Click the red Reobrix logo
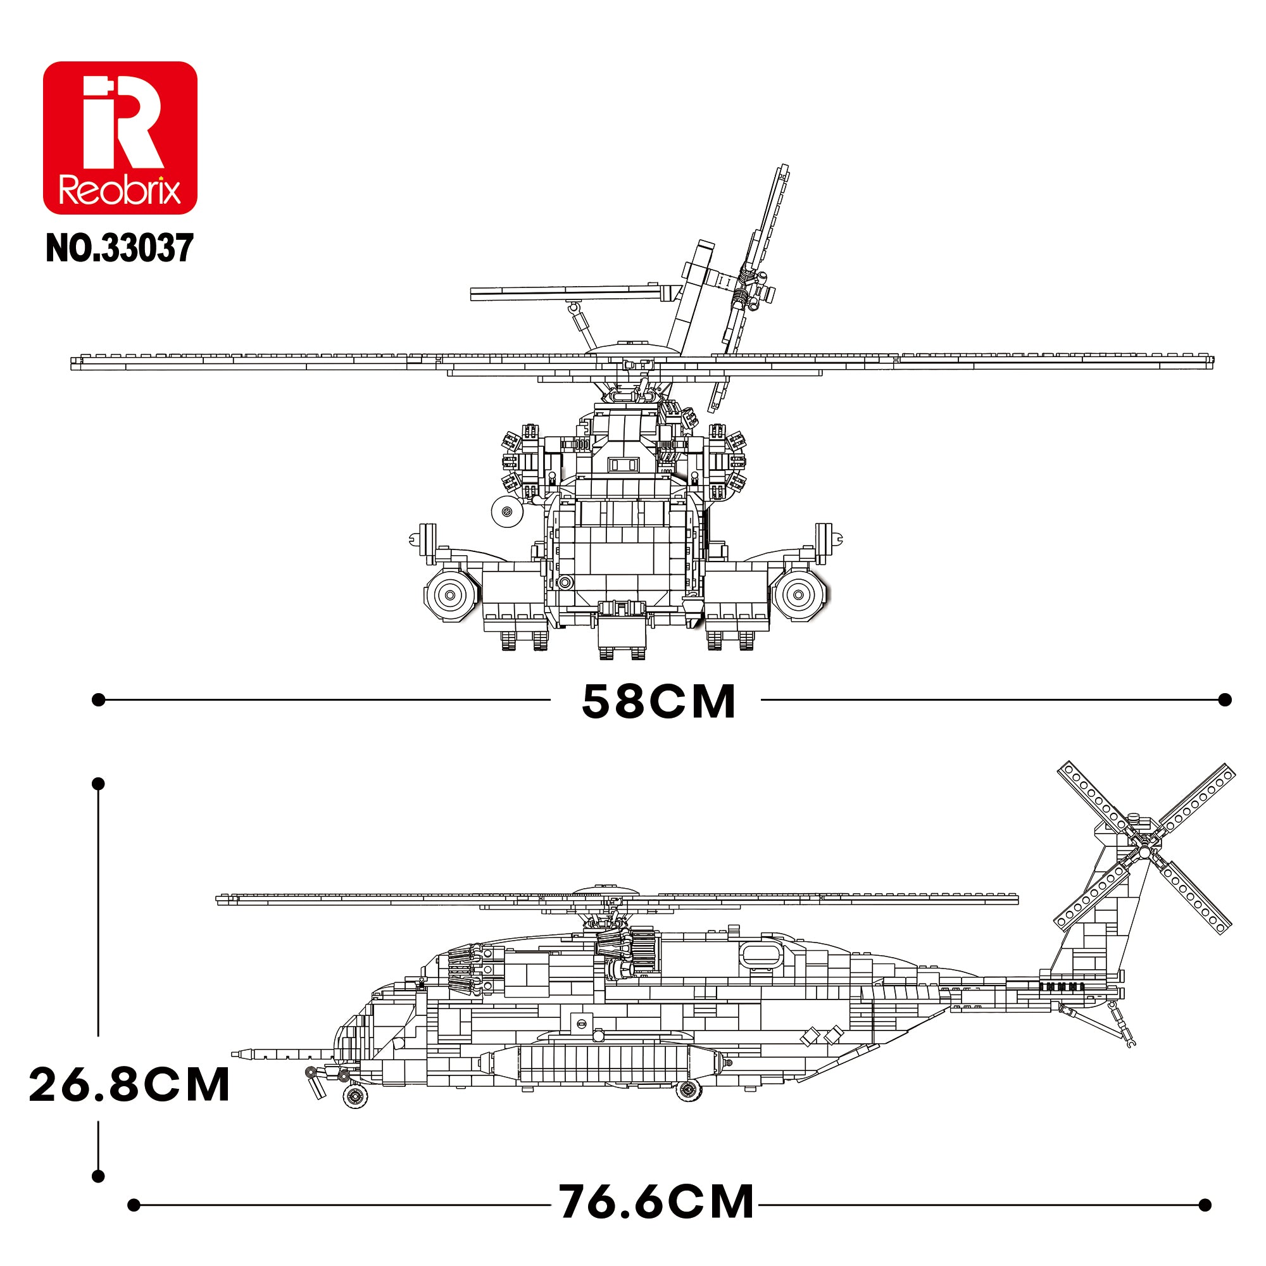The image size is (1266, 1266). [120, 137]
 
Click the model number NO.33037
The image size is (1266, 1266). [120, 248]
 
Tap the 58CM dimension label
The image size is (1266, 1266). [658, 701]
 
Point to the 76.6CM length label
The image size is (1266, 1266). [656, 1202]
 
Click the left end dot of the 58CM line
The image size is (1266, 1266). [98, 700]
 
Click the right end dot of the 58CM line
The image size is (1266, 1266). [1225, 700]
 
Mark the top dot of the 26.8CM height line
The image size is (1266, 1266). [98, 784]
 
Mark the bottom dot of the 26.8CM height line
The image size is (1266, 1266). [98, 1176]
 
